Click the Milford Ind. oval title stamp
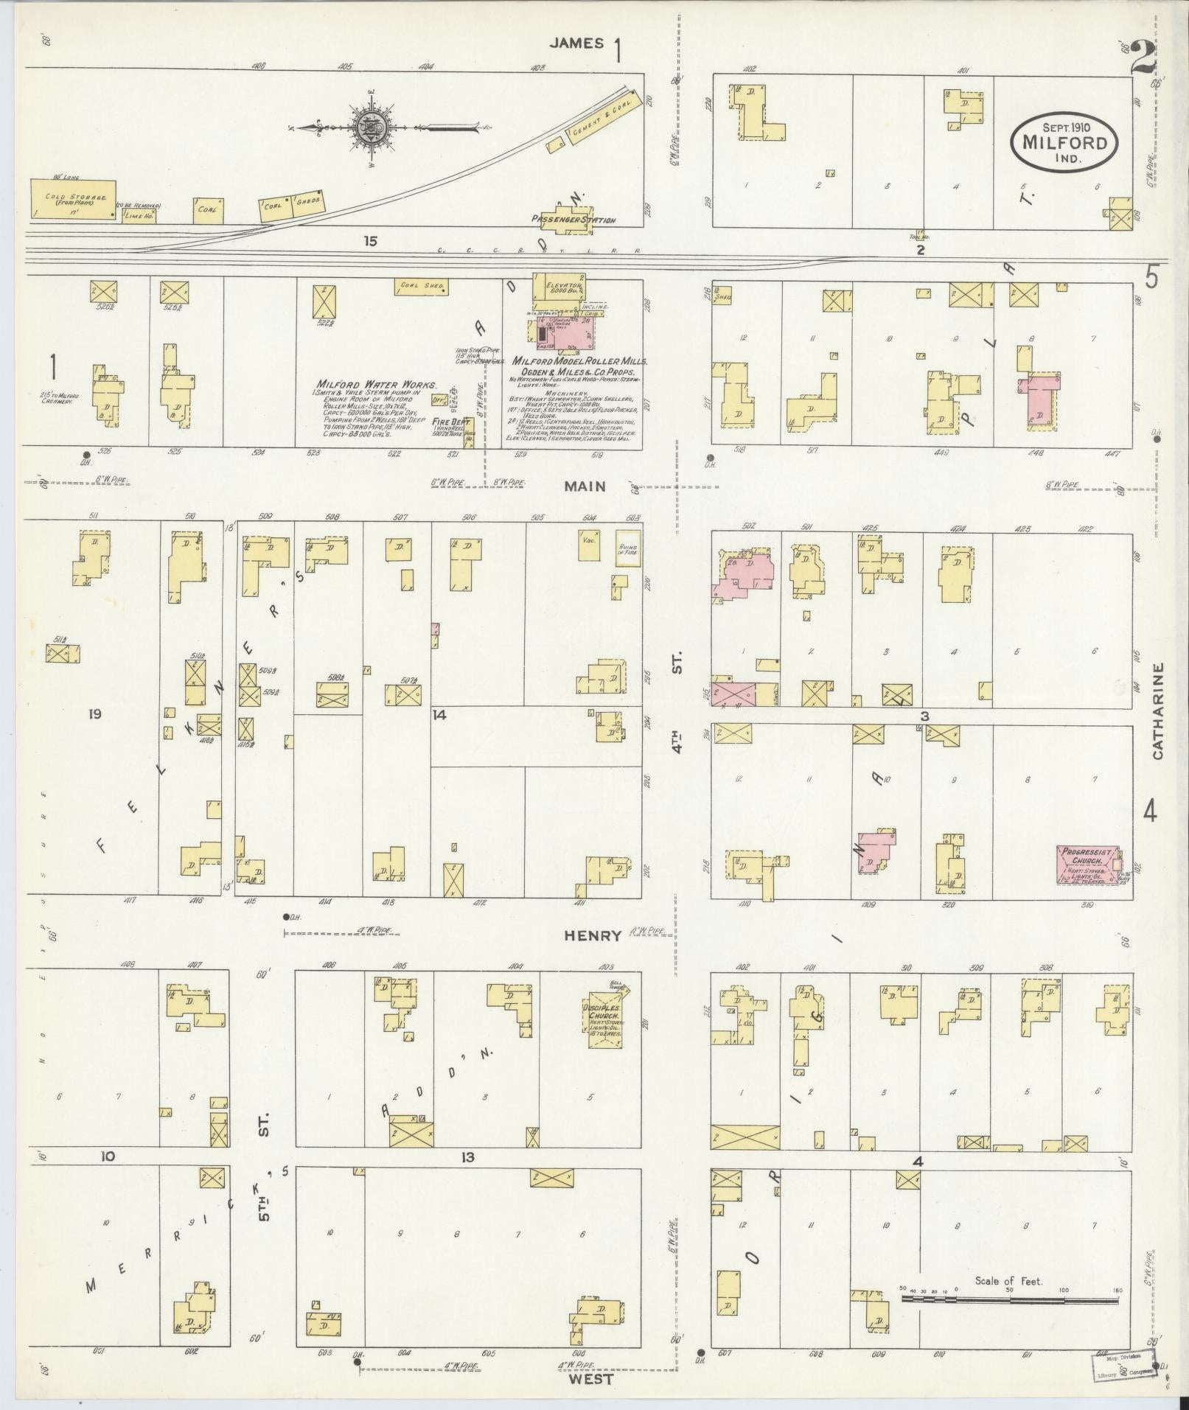(x=1064, y=142)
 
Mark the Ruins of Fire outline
(x=628, y=548)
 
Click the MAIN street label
(x=585, y=486)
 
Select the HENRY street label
(x=592, y=935)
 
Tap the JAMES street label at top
(x=576, y=43)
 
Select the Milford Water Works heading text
(x=376, y=385)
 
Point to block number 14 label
(x=439, y=714)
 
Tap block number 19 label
(x=94, y=713)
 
